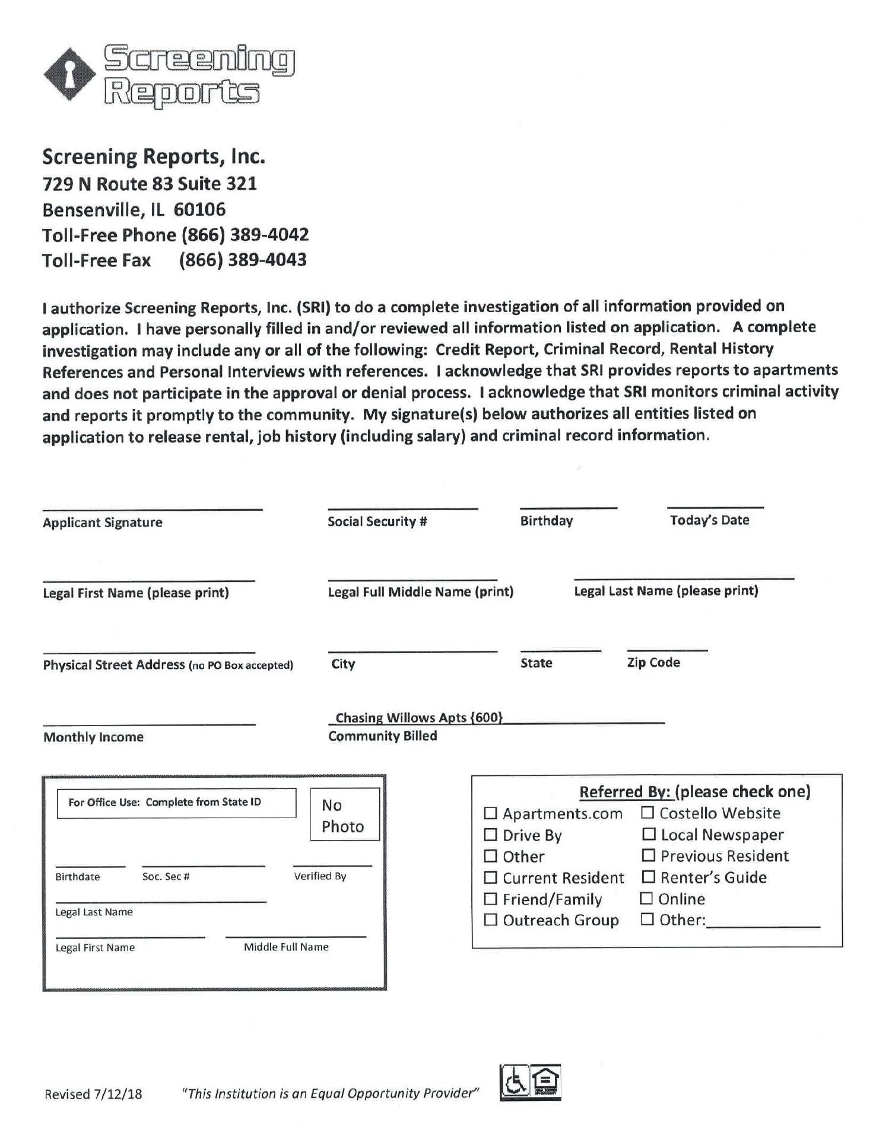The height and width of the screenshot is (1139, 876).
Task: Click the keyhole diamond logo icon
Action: pos(69,75)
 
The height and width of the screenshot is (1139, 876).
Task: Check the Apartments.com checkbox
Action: pos(490,813)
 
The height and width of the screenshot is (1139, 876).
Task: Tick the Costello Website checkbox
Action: pos(647,812)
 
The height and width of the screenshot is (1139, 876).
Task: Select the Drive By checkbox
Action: pos(490,835)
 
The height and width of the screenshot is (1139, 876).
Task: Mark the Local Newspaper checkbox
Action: pos(649,834)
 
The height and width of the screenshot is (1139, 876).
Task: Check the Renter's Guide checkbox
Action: pos(649,877)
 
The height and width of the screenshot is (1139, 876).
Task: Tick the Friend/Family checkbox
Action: pos(490,899)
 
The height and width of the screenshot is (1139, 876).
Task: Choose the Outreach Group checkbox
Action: pos(490,920)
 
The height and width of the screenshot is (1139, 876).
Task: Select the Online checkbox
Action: pos(646,898)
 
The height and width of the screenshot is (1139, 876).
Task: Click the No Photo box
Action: pos(344,814)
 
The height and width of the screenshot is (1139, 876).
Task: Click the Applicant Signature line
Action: pos(152,507)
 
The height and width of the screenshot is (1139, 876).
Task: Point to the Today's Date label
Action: pos(709,520)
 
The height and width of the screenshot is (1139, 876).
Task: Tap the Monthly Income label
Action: pos(93,737)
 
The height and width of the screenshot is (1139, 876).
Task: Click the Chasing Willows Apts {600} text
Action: pos(419,717)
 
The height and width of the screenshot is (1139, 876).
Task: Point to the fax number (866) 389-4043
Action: pos(243,260)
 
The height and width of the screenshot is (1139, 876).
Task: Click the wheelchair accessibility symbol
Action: pos(515,1082)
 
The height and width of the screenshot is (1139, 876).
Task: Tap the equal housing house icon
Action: pos(545,1082)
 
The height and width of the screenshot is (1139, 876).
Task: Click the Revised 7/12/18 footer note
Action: pos(93,1094)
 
